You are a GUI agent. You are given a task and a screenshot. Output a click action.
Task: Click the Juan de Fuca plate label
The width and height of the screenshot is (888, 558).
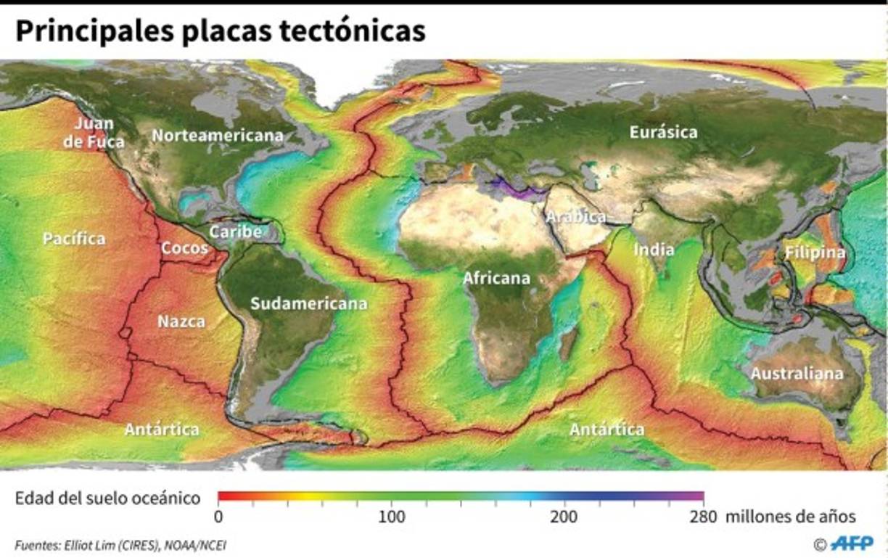[94, 133]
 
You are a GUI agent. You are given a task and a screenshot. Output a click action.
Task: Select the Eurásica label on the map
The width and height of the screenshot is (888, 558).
[663, 132]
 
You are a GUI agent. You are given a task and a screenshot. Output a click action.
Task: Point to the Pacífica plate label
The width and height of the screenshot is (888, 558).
[74, 238]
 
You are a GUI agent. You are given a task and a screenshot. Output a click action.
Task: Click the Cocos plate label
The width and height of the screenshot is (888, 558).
[184, 248]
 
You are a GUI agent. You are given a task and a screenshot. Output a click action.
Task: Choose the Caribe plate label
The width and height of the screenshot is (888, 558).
[235, 232]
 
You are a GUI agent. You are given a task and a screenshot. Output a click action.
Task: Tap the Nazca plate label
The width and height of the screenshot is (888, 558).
[181, 321]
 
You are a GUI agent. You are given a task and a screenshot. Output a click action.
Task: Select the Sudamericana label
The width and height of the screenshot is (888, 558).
[308, 304]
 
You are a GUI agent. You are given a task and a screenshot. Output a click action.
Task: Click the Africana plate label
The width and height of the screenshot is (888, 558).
[496, 278]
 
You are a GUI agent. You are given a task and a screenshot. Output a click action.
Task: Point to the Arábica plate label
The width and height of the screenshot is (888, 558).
[575, 216]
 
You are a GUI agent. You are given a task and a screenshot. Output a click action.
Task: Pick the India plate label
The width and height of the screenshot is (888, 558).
[654, 250]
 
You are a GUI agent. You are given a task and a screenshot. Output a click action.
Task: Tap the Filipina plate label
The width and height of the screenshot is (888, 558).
[814, 253]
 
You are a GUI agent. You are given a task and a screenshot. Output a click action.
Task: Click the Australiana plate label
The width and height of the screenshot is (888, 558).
[797, 374]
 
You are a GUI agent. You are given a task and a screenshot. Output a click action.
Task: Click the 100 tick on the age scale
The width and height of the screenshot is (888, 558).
[392, 517]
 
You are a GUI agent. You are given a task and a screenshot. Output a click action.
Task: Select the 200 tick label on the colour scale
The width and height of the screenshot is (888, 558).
[564, 517]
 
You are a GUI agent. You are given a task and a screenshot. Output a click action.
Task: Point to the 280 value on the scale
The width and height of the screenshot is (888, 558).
[704, 517]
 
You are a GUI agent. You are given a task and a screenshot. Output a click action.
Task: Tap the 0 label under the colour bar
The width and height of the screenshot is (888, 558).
[218, 517]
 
